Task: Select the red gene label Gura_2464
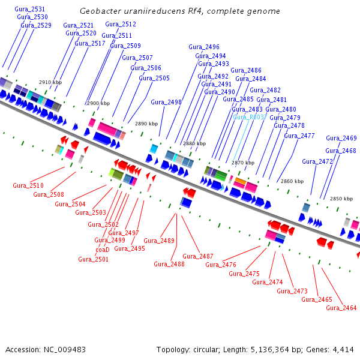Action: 341,308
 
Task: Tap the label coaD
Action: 103,250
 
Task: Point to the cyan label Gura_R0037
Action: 250,117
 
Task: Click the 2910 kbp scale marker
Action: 50,82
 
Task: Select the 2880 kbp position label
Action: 194,144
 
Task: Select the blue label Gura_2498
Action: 166,102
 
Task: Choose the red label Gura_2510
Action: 28,185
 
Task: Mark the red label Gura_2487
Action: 198,256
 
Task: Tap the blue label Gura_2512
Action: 121,24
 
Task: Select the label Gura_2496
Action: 204,47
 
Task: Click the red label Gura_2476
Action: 221,265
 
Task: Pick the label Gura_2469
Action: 341,138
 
